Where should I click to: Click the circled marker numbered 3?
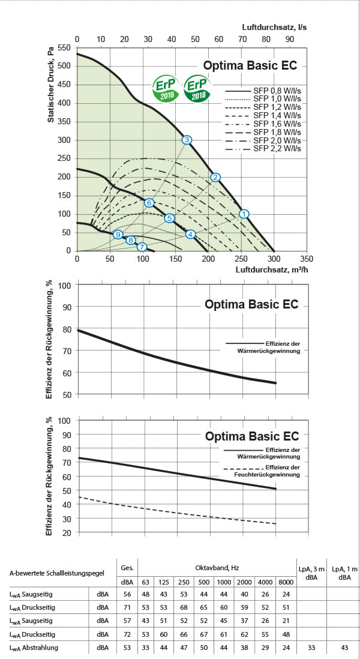pos(187,140)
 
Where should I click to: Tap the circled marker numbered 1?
pos(244,214)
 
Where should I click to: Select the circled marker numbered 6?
pos(149,203)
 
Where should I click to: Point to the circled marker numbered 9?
pos(118,235)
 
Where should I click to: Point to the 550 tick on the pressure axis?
pos(65,47)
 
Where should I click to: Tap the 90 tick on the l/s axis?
pos(289,39)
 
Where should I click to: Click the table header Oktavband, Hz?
pos(217,568)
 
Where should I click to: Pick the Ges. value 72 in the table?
pos(127,634)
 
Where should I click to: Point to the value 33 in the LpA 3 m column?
pos(311,647)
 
